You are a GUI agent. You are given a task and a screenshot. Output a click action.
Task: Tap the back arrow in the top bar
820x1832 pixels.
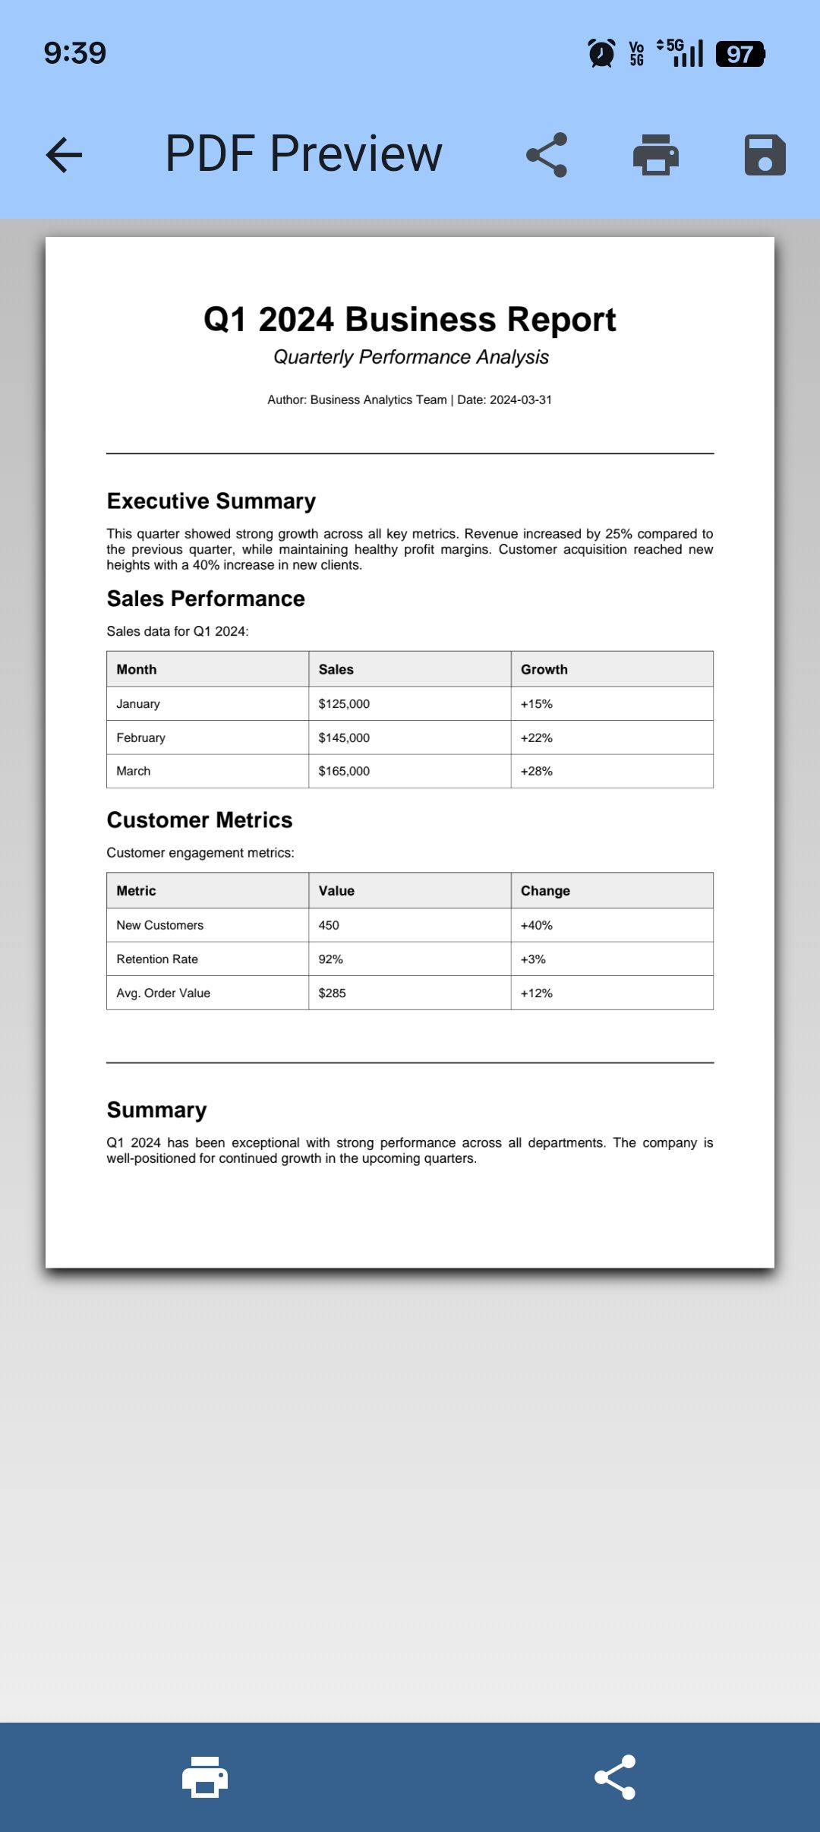(x=64, y=155)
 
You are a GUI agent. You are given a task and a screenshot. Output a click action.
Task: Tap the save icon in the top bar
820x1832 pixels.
(x=765, y=155)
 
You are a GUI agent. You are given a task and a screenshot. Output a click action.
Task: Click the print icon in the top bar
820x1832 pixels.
(x=656, y=155)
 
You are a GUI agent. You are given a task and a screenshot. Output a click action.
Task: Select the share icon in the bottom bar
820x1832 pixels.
(x=615, y=1777)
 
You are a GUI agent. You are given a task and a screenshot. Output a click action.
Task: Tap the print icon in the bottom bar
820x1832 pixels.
(x=205, y=1777)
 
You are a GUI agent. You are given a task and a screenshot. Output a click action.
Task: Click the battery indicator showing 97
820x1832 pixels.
(x=740, y=54)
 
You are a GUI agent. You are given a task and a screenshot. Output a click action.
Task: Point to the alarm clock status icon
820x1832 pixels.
(x=601, y=54)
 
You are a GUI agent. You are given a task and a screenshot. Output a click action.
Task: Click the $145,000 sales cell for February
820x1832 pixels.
(x=344, y=738)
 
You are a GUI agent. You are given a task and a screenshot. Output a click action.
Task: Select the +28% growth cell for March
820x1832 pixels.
(x=537, y=771)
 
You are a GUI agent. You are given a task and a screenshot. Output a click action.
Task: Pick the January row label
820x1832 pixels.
(x=138, y=704)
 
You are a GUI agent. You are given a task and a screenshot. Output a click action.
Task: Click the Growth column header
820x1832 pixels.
(x=544, y=669)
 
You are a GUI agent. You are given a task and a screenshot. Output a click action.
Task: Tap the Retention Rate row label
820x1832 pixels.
(x=157, y=959)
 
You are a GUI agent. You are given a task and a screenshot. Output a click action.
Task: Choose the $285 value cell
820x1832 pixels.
(x=333, y=993)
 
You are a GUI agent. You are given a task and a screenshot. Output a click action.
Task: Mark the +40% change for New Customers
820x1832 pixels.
(x=537, y=925)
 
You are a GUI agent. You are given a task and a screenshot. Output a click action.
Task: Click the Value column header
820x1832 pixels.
(x=336, y=891)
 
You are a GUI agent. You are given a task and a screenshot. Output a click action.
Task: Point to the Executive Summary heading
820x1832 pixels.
(x=211, y=501)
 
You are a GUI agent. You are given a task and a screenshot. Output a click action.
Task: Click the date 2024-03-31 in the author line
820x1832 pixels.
(x=521, y=400)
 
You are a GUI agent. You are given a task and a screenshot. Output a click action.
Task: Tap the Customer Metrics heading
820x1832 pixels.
(x=200, y=820)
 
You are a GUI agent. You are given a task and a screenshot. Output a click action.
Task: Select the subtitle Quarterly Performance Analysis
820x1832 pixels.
(x=411, y=357)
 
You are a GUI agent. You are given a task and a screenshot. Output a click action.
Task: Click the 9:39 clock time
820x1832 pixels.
(x=75, y=53)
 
